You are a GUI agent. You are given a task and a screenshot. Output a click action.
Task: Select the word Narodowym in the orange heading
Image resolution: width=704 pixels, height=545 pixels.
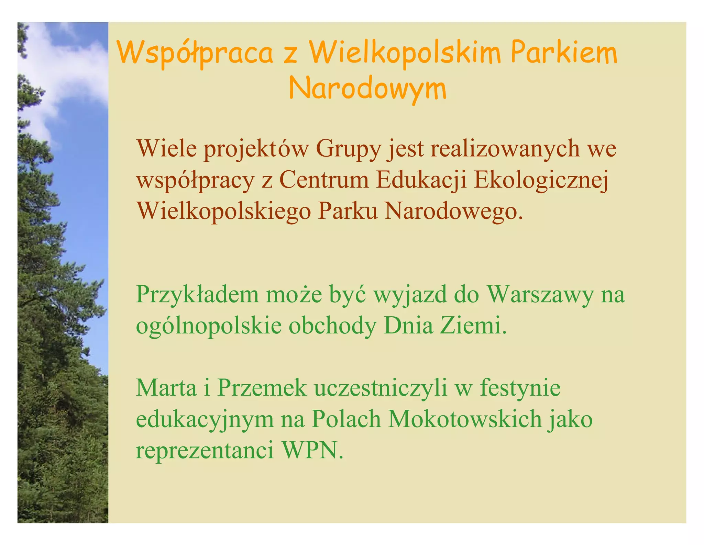tap(367, 88)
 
